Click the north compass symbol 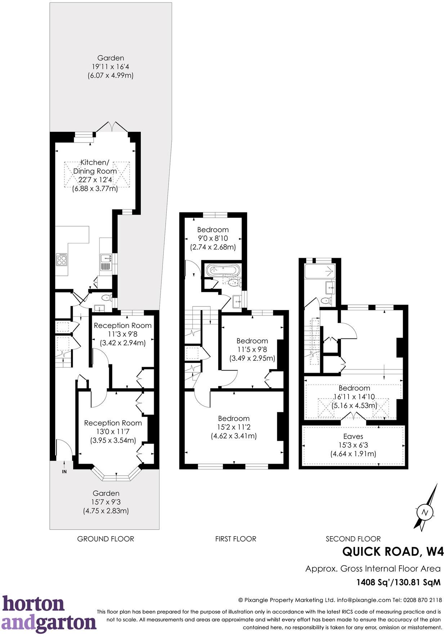[425, 512]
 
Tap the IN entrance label [64, 471]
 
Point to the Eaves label [353, 436]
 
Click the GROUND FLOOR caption [106, 539]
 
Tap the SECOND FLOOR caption [353, 539]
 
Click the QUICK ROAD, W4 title [393, 551]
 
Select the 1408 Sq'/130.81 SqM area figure [398, 582]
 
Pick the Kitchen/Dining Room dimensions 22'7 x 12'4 [95, 180]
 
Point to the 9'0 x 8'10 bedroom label [213, 238]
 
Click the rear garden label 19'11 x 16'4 [111, 67]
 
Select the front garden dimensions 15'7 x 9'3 [106, 502]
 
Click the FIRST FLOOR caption [236, 539]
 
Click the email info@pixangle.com [364, 600]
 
